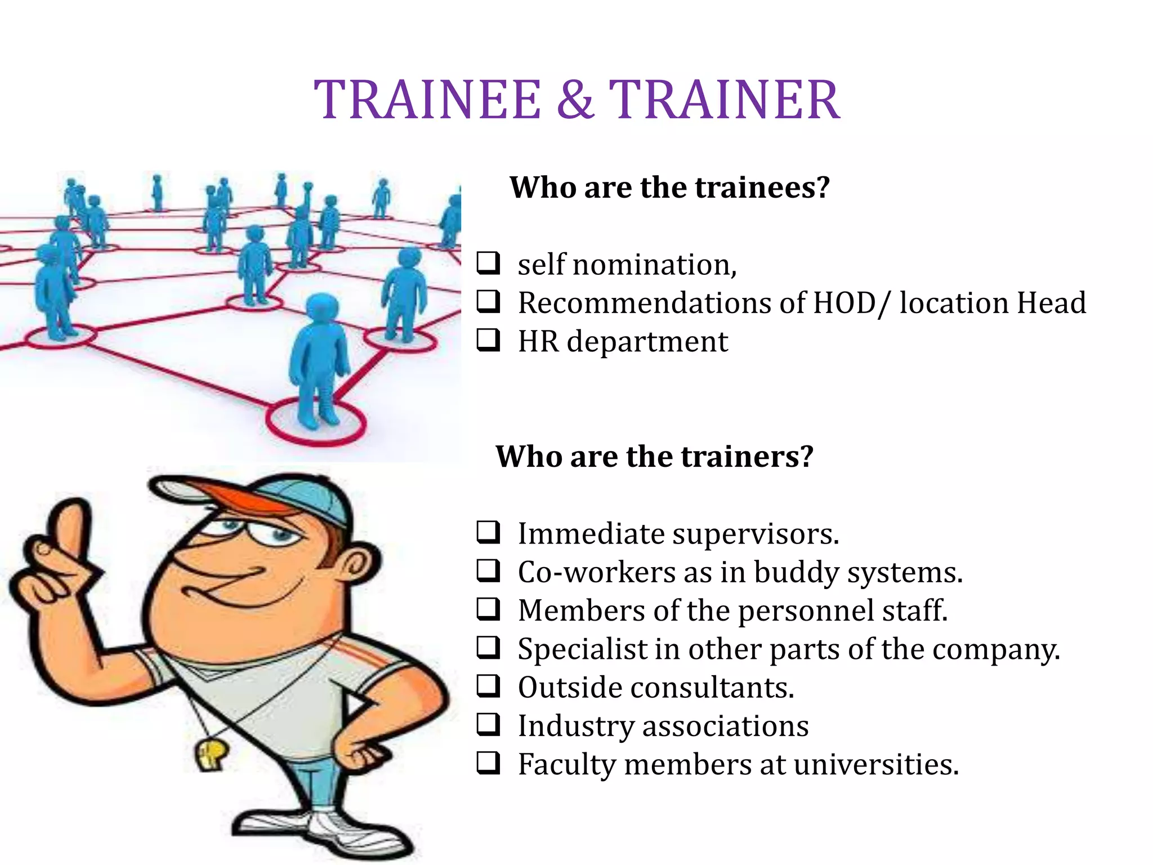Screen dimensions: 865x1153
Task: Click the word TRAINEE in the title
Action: pos(427,100)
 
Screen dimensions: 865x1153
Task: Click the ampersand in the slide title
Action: pos(575,100)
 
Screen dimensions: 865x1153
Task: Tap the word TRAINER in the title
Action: pos(725,100)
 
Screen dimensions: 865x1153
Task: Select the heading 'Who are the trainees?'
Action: pos(669,188)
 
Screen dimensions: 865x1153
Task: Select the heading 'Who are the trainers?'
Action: pos(654,456)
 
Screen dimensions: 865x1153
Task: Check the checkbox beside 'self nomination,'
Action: pos(488,264)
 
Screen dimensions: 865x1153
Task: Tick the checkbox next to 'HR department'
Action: pos(488,341)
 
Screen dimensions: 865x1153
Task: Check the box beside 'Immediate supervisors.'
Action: pos(488,532)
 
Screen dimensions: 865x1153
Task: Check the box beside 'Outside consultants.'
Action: pos(488,686)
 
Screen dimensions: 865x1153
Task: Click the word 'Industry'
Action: pos(575,726)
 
